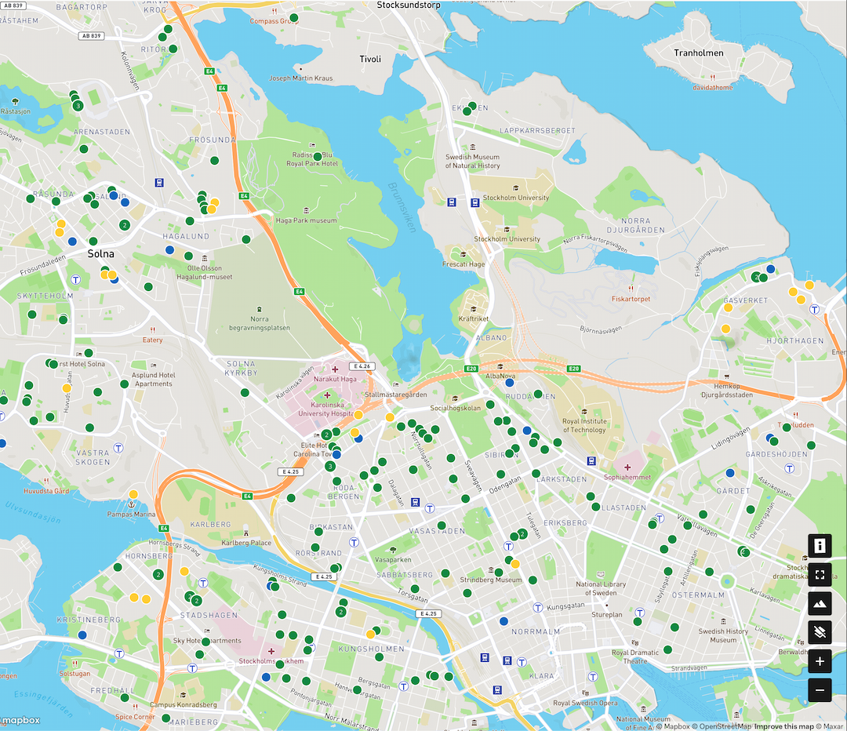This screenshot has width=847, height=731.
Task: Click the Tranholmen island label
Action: coord(698,53)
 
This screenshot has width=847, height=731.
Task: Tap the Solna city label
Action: coord(100,254)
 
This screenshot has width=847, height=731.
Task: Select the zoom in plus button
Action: coord(820,661)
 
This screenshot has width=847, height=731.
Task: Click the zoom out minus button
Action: coord(820,690)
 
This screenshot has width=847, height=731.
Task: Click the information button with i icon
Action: coord(820,545)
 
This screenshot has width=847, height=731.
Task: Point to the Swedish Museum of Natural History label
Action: coord(472,162)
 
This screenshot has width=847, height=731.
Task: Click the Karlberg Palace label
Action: coord(246,543)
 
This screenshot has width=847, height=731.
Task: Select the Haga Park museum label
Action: coord(306,220)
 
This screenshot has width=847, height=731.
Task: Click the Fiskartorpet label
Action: coord(631,299)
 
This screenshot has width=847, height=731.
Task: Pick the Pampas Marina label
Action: coord(133,515)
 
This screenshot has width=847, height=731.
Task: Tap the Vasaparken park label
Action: coord(393,560)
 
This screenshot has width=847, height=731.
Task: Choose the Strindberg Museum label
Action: coord(491,580)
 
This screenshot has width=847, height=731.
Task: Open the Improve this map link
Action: coord(784,726)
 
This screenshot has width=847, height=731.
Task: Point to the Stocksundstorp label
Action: coord(409,5)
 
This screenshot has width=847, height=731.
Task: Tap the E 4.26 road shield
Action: coord(361,366)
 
